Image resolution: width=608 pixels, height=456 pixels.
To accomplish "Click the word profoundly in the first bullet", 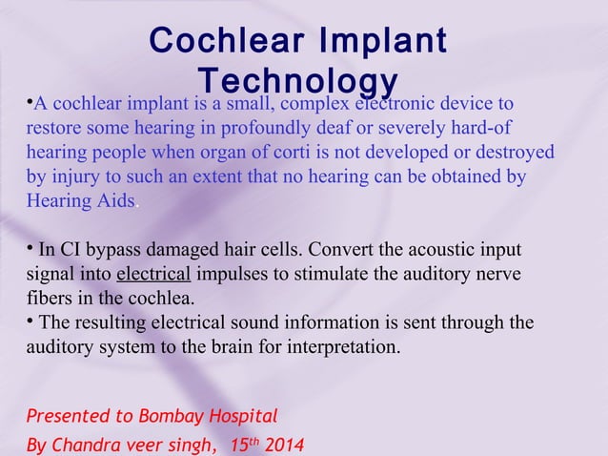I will point(270,128).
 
